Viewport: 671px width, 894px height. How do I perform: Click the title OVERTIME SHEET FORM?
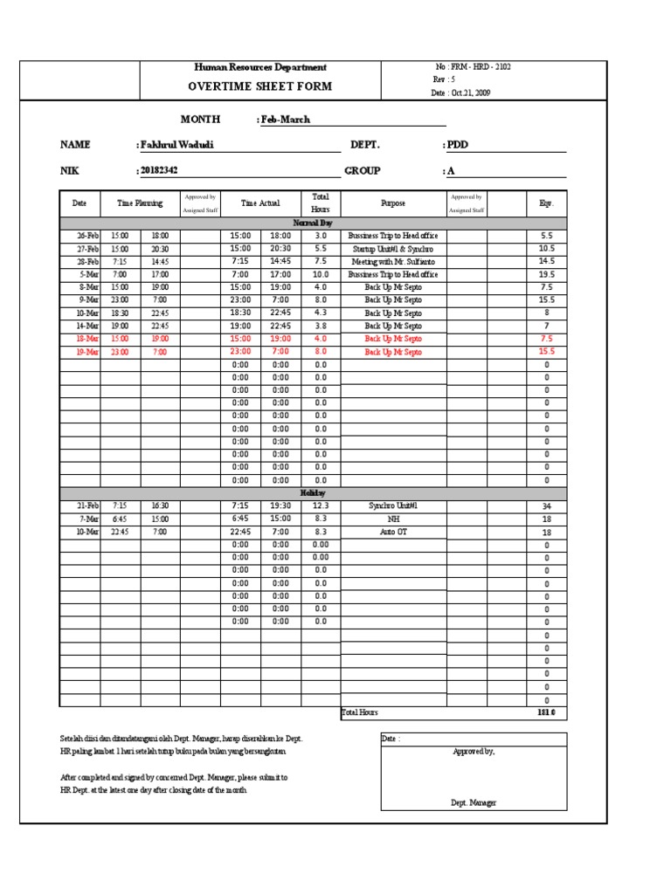tap(259, 86)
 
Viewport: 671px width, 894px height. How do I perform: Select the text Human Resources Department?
tap(259, 67)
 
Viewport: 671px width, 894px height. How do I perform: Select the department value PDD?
tap(457, 145)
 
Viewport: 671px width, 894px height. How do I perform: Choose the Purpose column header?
tap(393, 203)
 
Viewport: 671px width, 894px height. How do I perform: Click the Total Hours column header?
tap(320, 203)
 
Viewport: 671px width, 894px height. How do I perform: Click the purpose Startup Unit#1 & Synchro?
tap(393, 249)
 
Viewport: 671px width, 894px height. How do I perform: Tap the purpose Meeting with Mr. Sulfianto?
tap(393, 262)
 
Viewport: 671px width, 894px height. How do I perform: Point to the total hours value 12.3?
tap(320, 505)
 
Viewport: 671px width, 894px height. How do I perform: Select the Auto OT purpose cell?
tap(393, 532)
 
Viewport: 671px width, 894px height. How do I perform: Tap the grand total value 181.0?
tap(546, 713)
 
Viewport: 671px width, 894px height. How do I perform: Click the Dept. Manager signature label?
tap(474, 801)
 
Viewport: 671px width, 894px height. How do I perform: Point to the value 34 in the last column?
tap(547, 506)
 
